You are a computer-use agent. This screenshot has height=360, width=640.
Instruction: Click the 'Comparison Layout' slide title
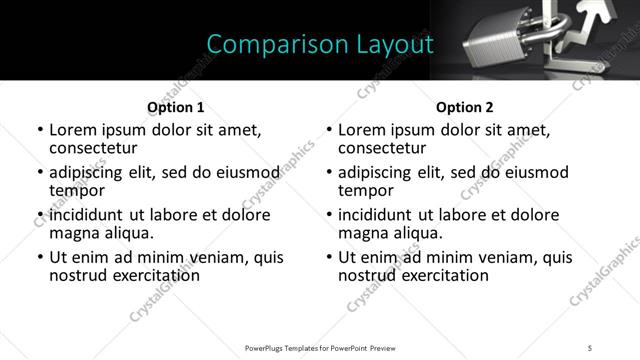[319, 44]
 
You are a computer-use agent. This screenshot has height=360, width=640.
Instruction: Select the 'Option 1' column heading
[175, 106]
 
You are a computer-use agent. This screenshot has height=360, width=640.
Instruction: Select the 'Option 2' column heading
[464, 106]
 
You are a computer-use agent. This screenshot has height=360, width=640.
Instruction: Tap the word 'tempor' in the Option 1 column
[77, 190]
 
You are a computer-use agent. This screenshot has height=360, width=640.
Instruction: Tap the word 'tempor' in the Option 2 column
[366, 190]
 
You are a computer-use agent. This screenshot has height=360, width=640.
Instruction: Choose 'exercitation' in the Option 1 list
[155, 275]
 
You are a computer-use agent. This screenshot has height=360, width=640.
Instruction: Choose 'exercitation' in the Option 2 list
[444, 275]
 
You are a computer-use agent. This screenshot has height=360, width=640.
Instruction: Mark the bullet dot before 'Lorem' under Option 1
[40, 130]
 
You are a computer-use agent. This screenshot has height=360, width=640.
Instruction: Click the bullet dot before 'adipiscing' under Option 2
[329, 173]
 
